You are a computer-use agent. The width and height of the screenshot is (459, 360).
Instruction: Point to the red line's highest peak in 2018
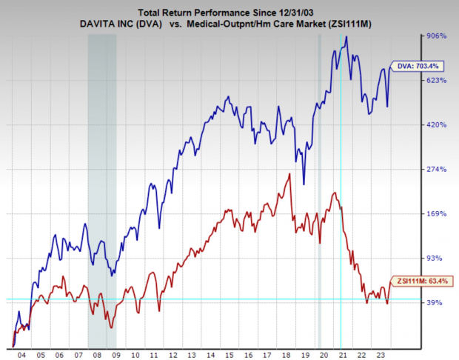click(288, 174)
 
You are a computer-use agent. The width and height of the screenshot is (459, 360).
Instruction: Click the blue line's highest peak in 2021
click(347, 37)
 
